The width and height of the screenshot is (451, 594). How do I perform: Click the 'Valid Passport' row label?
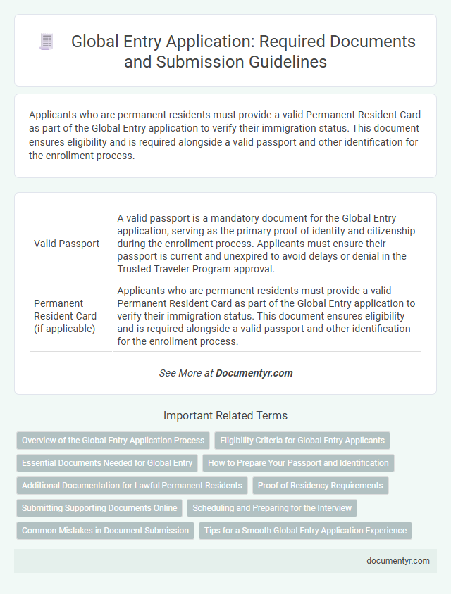tap(66, 244)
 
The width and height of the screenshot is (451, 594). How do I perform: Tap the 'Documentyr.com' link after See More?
tap(254, 373)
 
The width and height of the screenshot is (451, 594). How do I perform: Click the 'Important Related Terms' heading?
tap(225, 415)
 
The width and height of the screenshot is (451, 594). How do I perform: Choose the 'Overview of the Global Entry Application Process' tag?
tap(113, 441)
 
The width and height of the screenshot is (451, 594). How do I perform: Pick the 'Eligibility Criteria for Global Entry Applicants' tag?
tap(302, 441)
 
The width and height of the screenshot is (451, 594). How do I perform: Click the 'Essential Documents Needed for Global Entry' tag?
tap(107, 463)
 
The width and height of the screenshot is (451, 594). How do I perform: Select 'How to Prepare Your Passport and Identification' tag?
tap(299, 463)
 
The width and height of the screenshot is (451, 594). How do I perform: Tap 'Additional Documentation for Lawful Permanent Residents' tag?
tap(132, 486)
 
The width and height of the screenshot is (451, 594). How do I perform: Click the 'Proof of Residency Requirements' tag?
tap(320, 486)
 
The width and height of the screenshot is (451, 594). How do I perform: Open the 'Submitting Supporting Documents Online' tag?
tap(99, 508)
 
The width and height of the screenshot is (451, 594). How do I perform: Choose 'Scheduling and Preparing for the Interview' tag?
tap(272, 508)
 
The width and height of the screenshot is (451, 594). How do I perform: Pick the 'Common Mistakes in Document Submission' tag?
tap(105, 531)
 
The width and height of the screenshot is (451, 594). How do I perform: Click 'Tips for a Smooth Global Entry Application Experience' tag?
tap(306, 531)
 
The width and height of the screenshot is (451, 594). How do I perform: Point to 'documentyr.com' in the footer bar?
tap(397, 561)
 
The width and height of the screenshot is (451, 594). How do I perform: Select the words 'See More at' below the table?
tap(185, 373)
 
